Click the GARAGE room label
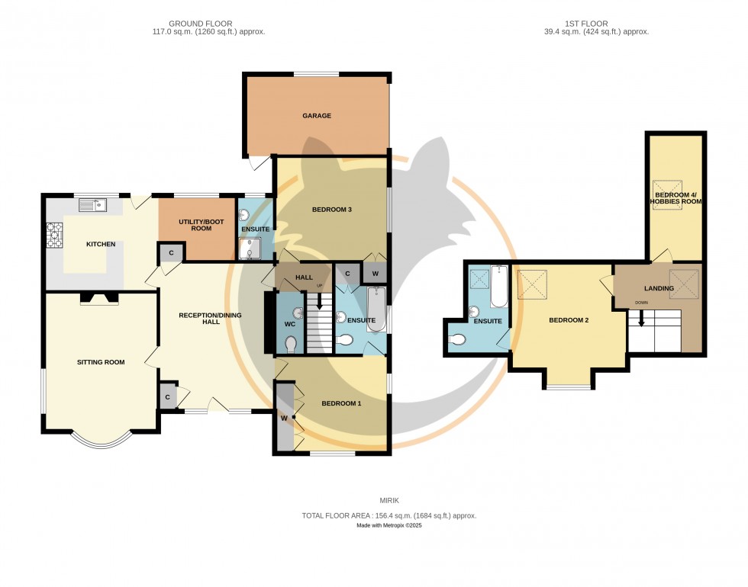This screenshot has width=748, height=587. point(316,116)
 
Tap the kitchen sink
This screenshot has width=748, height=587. point(92,205)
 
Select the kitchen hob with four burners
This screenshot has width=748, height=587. point(55,235)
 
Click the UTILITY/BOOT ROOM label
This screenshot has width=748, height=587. point(195,224)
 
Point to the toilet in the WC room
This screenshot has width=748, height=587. point(291,345)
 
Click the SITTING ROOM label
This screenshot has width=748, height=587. point(100,362)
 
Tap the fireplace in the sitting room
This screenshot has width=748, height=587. point(99,299)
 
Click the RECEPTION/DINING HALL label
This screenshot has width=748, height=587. point(199,318)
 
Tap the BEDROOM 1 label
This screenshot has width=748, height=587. point(340,403)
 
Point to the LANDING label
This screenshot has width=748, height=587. point(658,289)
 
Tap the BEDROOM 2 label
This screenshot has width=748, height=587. point(569,320)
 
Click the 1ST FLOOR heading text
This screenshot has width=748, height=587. point(592,24)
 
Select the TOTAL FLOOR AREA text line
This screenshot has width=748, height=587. point(389,515)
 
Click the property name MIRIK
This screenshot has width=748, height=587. point(389,501)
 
